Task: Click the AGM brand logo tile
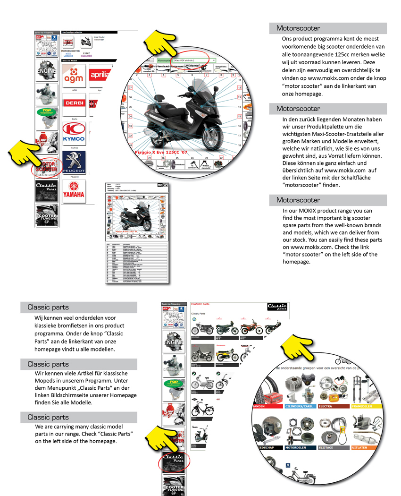tap(74, 76)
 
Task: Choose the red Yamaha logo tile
tap(74, 192)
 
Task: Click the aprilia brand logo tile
tap(98, 76)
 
